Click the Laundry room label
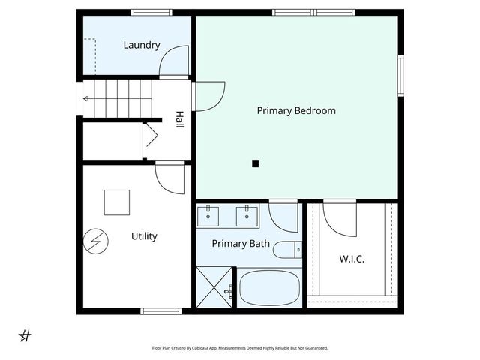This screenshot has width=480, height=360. coord(142,45)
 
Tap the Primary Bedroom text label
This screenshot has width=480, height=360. coord(296,110)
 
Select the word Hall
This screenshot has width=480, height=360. coord(179,119)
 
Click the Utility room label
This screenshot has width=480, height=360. coord(144,236)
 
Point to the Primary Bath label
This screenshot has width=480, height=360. coord(241,243)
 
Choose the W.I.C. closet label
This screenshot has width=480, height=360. coord(352,259)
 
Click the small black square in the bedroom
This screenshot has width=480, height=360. coord(256,163)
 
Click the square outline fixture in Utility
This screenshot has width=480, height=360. coord(116,202)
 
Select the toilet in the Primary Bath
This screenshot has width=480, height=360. coord(286,250)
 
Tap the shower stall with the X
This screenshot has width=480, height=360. coord(215,287)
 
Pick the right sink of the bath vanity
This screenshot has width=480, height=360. coord(246,216)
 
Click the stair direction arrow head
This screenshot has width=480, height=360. coord(85,98)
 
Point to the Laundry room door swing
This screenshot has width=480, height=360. coord(174,61)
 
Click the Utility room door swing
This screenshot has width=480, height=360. coord(169,178)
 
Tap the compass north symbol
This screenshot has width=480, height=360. coord(25,335)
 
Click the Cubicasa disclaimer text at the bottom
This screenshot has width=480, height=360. coord(240,348)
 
